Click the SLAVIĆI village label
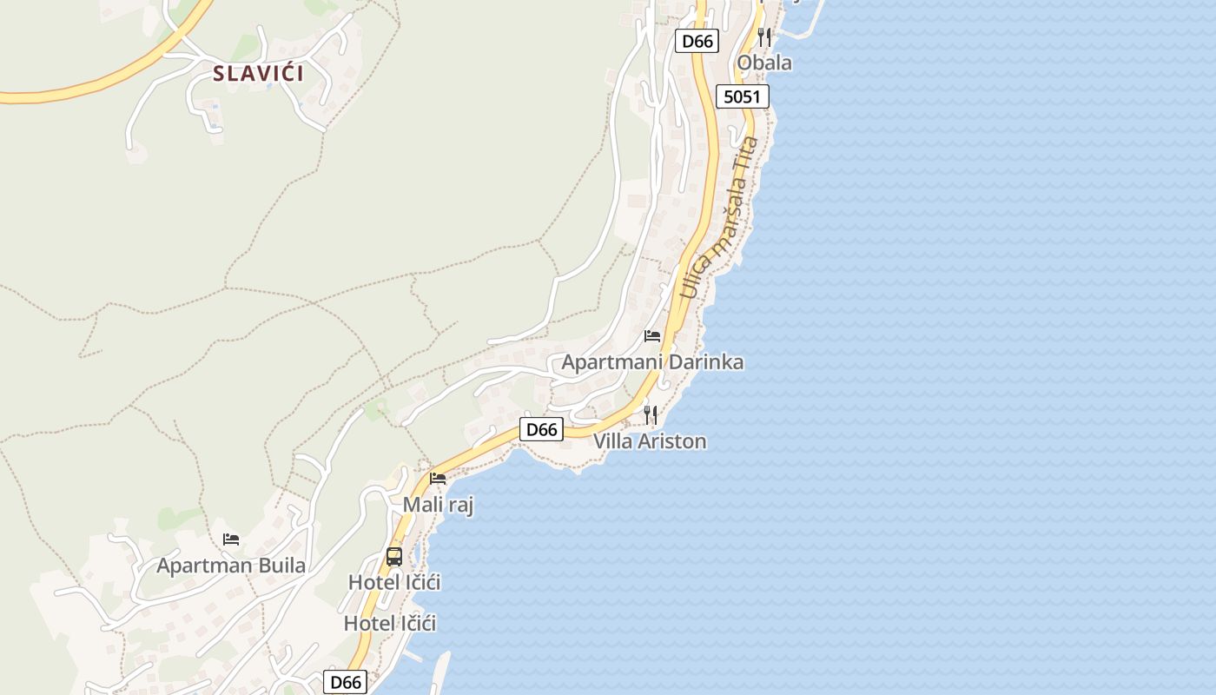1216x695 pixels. click(x=259, y=74)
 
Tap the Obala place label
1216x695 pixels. click(x=764, y=63)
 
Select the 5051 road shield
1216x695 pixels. click(x=743, y=96)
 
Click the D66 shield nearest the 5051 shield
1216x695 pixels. click(x=697, y=41)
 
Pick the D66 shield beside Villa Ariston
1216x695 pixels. click(x=541, y=429)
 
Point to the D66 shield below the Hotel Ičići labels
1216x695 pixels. click(x=345, y=683)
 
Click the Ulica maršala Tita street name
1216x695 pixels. click(x=720, y=217)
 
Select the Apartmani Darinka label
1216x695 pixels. click(x=652, y=362)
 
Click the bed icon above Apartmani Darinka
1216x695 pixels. click(x=652, y=336)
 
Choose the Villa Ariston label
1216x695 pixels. click(x=650, y=441)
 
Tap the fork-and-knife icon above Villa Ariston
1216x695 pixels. click(x=651, y=414)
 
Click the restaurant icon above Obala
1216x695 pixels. click(x=764, y=37)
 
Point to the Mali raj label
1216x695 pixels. click(x=438, y=505)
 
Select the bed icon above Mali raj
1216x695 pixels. click(x=438, y=478)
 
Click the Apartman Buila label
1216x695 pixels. click(x=231, y=566)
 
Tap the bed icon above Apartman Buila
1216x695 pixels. click(x=231, y=539)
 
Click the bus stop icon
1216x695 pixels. click(x=394, y=557)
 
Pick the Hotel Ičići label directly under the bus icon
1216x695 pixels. click(x=394, y=582)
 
